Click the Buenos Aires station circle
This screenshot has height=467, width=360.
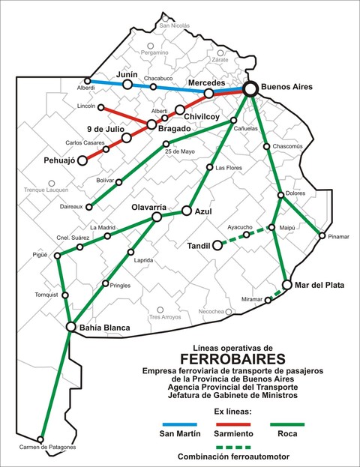click(250, 88)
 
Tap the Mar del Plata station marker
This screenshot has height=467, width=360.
click(286, 285)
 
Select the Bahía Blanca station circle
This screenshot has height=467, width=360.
click(71, 327)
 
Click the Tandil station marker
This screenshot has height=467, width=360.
click(217, 244)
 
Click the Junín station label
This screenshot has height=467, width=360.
click(129, 75)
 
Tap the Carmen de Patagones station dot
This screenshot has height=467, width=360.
click(40, 439)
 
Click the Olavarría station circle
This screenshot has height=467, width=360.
click(157, 217)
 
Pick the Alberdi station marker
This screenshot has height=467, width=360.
click(88, 81)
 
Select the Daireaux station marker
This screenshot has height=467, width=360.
click(89, 206)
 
